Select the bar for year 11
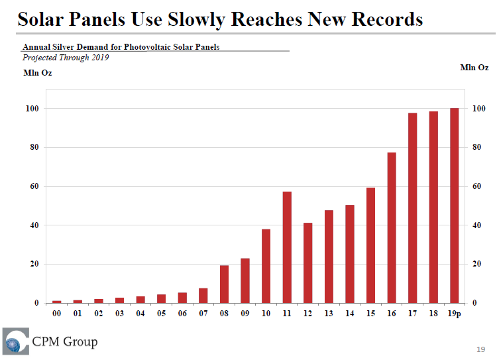[287, 247]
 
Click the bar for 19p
[455, 206]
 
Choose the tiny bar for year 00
[57, 302]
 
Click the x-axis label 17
[413, 313]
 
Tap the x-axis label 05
[162, 313]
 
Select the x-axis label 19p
[455, 313]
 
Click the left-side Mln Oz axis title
[37, 73]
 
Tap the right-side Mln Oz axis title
[474, 68]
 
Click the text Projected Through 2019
[66, 58]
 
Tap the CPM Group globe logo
[15, 341]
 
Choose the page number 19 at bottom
[481, 349]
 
